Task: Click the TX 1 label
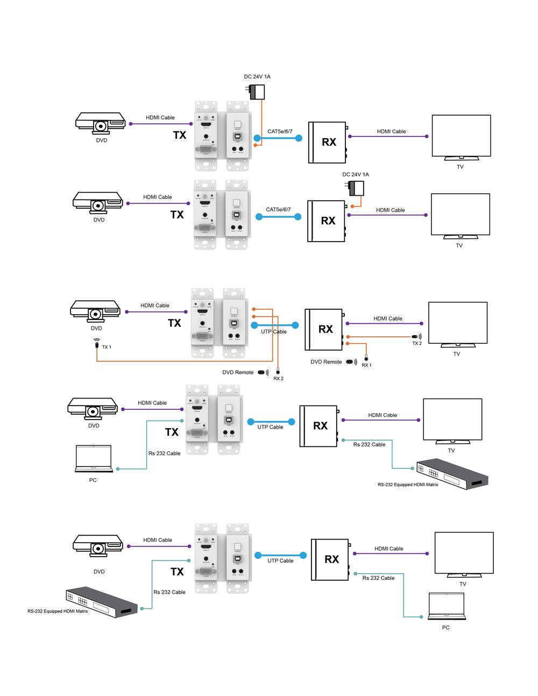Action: [107, 347]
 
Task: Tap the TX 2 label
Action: [417, 343]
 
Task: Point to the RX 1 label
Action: [366, 365]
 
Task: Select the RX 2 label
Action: [278, 379]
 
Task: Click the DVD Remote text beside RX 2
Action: [238, 372]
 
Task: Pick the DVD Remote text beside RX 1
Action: [326, 362]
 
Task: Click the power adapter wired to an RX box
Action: [356, 188]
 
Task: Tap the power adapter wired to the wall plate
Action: [257, 92]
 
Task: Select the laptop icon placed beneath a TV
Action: [446, 607]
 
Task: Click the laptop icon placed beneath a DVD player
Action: [94, 458]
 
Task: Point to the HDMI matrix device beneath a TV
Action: [452, 474]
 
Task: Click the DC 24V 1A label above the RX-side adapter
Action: [356, 174]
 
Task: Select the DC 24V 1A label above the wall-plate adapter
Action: [257, 76]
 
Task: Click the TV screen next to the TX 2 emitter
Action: [457, 323]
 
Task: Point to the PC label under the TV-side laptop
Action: [445, 628]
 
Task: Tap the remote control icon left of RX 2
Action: [262, 372]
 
